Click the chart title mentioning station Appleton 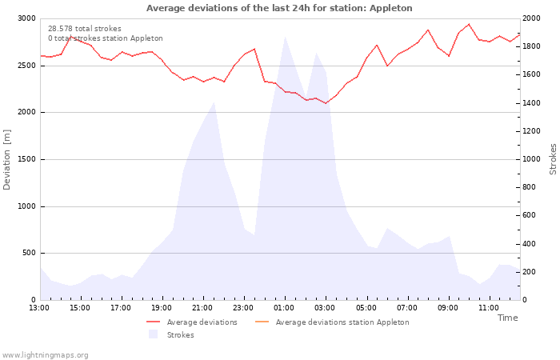click(x=279, y=8)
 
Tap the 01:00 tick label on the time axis click(x=284, y=308)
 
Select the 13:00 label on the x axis click(x=39, y=308)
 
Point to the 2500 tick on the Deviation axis click(x=26, y=66)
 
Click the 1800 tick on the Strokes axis click(x=531, y=46)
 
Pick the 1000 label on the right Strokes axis click(x=531, y=159)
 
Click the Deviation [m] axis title click(x=6, y=160)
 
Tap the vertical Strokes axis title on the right click(x=553, y=159)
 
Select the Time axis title click(x=507, y=318)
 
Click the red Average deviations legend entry click(x=192, y=322)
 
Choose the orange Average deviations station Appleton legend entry click(x=332, y=322)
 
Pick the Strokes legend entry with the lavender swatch click(x=171, y=334)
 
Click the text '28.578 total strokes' click(x=85, y=29)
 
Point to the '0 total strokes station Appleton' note click(x=106, y=38)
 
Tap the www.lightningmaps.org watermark click(x=44, y=355)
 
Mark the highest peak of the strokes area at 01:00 click(x=285, y=37)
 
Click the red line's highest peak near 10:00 click(x=469, y=24)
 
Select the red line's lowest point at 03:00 click(x=326, y=103)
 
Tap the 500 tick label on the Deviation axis click(x=29, y=254)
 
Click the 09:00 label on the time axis click(x=448, y=308)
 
